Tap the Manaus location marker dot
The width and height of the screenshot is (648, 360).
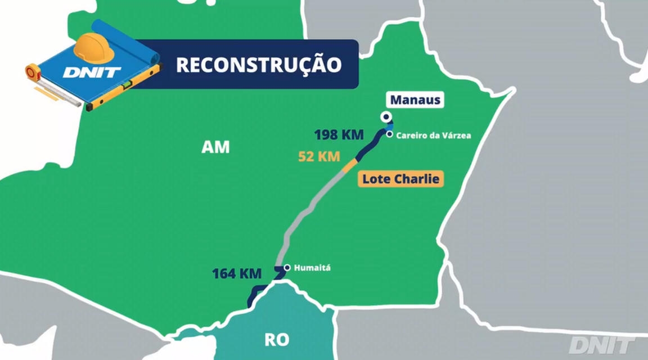[386, 117]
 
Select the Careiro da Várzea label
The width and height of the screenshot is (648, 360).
[433, 136]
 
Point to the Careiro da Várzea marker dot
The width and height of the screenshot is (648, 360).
[389, 134]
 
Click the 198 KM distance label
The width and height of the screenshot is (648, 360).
[339, 135]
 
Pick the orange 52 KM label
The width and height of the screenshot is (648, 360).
[319, 157]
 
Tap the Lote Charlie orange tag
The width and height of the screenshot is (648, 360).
[400, 179]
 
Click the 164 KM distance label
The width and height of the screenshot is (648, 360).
[236, 274]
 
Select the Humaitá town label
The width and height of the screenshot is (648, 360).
[312, 268]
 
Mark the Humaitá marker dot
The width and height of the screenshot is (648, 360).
[287, 268]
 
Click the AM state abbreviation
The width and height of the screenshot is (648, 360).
[215, 147]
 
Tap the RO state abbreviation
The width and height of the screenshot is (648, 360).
[276, 340]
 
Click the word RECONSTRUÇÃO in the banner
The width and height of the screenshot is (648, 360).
[259, 64]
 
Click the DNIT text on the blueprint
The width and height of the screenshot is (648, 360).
[92, 72]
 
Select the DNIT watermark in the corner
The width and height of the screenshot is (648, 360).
[600, 345]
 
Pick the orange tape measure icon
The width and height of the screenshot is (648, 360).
[33, 72]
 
